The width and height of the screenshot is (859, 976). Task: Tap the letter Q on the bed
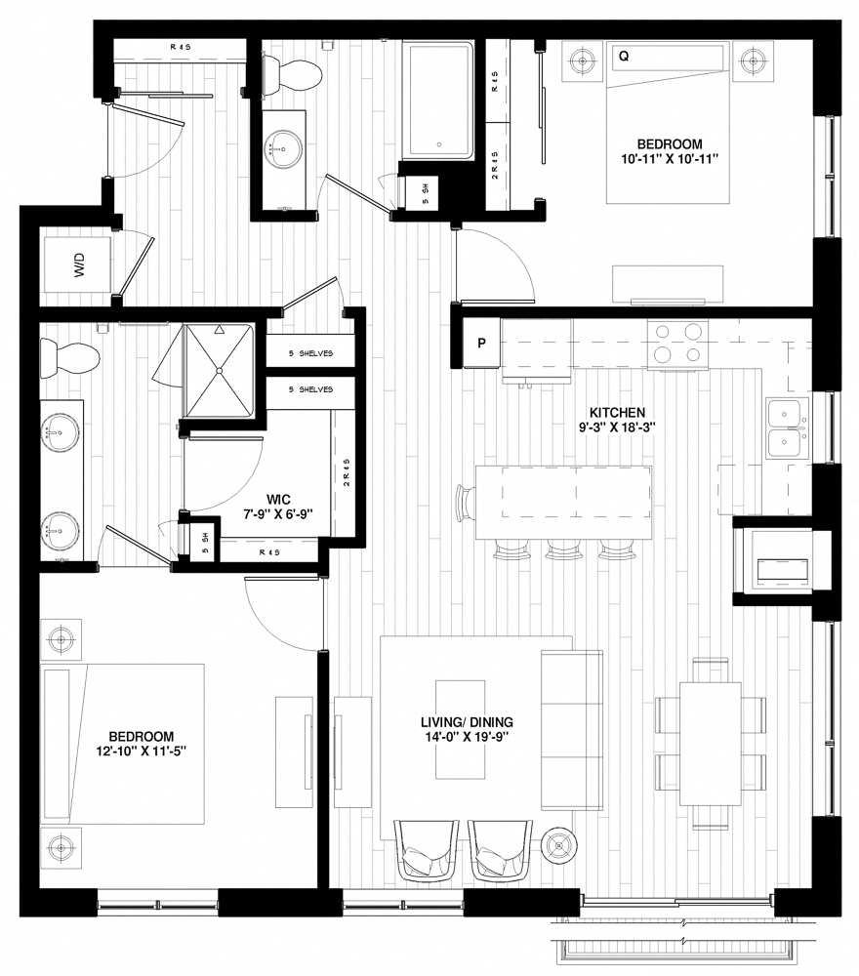coord(623,58)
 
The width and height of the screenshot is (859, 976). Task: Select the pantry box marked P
coord(480,344)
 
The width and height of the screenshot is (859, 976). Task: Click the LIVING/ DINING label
coord(467,723)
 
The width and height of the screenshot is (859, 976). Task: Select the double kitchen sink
coord(786,427)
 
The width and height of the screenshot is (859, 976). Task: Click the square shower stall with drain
coord(220,369)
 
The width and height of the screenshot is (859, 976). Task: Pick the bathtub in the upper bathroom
coord(439,100)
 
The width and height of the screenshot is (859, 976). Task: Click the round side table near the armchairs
coord(558,841)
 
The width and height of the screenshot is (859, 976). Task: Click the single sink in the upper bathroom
coord(282,149)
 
